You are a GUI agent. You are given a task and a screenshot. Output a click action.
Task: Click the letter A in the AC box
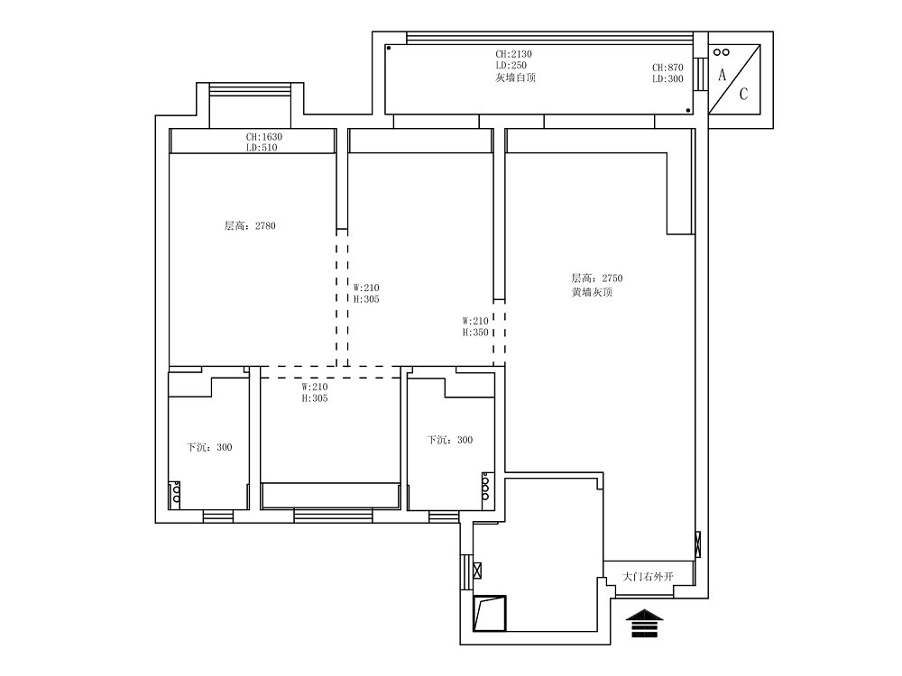(722, 75)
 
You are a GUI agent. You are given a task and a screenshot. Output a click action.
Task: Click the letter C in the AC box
(743, 94)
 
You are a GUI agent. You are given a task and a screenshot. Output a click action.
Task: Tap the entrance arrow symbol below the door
(644, 623)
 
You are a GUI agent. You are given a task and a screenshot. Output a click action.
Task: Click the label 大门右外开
(648, 576)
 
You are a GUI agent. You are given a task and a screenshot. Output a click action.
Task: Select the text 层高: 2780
(250, 226)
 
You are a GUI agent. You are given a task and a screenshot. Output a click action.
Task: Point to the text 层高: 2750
(596, 279)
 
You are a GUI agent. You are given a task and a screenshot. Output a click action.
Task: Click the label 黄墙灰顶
(592, 292)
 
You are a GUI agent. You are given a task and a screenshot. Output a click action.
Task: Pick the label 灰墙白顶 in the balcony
(515, 78)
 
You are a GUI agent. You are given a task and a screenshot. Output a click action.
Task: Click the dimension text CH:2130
(514, 54)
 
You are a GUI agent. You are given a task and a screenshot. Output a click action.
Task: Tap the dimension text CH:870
(667, 68)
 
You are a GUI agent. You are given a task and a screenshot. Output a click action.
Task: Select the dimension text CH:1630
(264, 137)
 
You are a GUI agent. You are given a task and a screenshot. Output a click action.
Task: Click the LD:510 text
(262, 148)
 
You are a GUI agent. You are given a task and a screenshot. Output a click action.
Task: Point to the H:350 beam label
(475, 333)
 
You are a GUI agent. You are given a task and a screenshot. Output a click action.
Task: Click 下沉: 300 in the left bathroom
(209, 447)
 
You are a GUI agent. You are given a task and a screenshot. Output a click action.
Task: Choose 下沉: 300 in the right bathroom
(449, 440)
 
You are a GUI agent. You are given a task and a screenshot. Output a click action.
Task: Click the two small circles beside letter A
(722, 52)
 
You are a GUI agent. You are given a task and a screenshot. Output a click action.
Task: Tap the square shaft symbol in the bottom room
(489, 613)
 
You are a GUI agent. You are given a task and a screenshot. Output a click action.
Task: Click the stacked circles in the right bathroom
(485, 486)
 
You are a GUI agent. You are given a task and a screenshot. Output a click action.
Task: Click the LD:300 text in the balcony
(667, 79)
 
